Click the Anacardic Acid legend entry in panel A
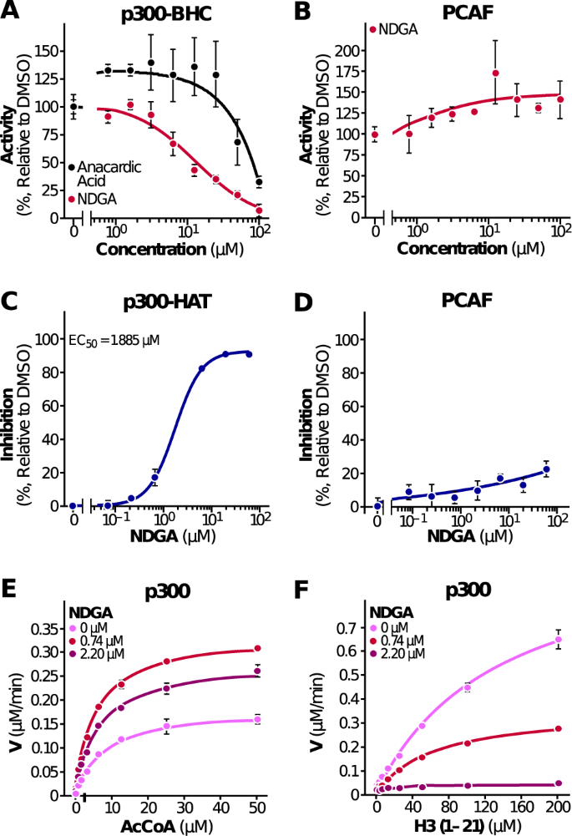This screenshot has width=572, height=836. [109, 174]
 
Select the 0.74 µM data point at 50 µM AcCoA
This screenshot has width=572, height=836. [257, 648]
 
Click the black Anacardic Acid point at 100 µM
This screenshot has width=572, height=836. [260, 181]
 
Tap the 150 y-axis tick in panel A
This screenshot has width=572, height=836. [54, 51]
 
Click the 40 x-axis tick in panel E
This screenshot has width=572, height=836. [221, 808]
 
